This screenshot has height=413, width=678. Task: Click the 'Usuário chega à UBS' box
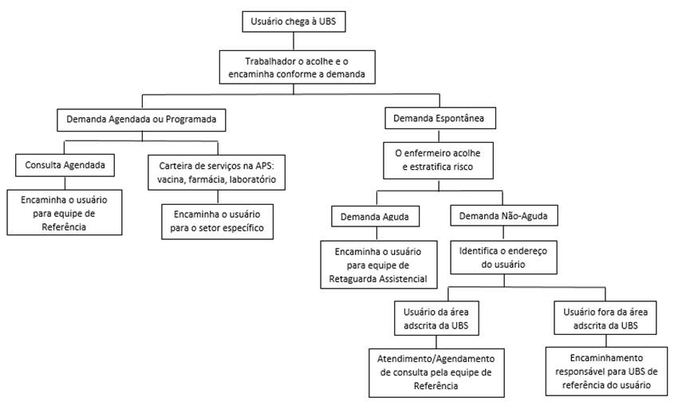294,22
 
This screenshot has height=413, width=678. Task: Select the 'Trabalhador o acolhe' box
294,68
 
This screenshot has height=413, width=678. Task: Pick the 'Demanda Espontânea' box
440,120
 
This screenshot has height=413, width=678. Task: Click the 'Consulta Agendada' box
65,166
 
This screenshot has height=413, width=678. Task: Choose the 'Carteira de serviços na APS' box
217,172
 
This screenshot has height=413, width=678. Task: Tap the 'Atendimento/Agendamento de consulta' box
436,372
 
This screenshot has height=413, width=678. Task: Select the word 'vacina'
170,180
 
